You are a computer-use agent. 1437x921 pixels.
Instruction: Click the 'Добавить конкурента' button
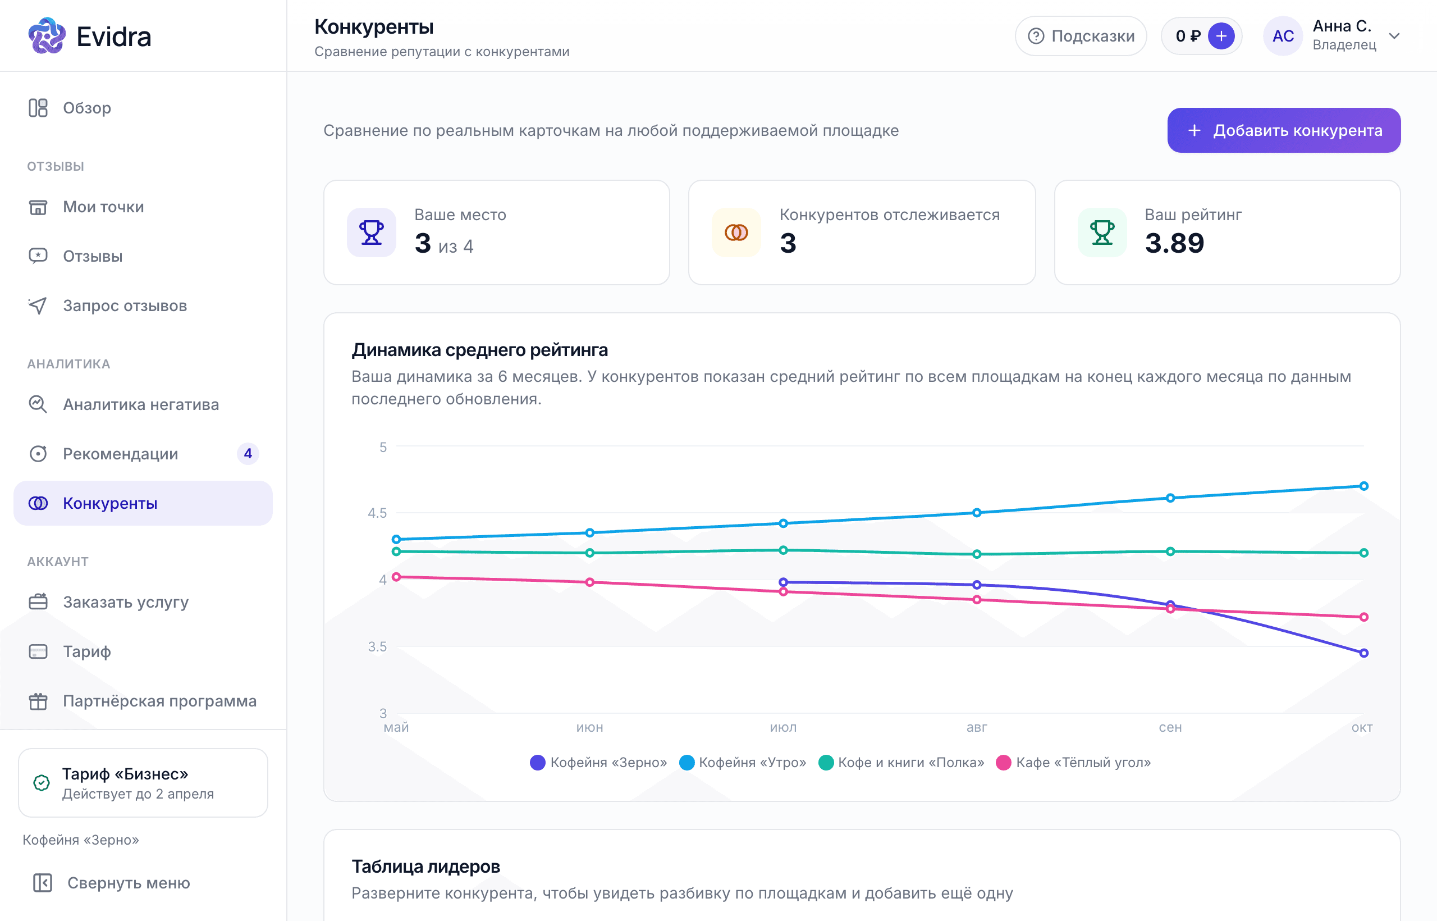(1283, 130)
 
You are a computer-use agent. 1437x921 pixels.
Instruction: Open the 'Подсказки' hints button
(1081, 36)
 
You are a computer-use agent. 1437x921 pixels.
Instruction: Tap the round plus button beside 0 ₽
(1221, 36)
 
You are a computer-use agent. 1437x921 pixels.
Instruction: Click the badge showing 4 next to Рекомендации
(248, 454)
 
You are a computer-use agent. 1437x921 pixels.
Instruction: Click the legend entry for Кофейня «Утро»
(743, 763)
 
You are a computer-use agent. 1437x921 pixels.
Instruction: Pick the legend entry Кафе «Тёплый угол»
(1074, 763)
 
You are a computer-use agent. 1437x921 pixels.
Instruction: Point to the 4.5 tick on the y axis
(377, 513)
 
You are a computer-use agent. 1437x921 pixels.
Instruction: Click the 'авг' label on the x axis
(977, 728)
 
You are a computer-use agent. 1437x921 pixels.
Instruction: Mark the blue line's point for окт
(1363, 486)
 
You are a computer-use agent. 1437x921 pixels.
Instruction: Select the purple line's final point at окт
(1363, 653)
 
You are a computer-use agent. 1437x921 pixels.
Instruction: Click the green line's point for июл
(783, 550)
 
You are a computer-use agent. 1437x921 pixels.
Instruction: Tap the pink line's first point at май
(396, 577)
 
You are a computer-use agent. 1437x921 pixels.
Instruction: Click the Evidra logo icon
(47, 36)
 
